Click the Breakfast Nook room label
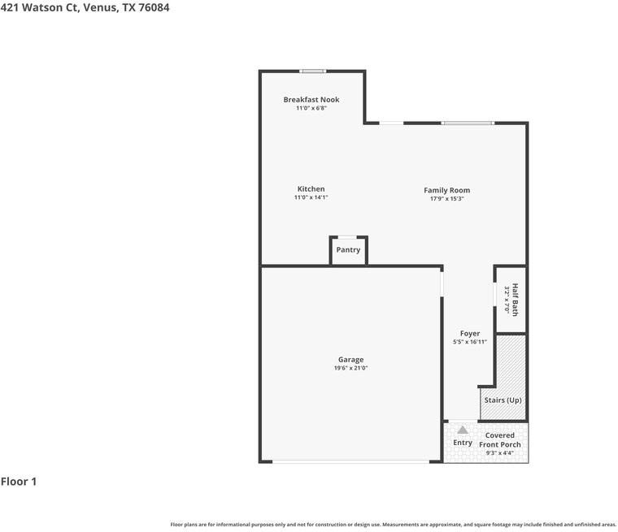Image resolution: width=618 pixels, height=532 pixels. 311,100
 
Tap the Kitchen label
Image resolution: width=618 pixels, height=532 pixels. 311,189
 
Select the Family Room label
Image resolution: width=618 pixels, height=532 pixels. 446,191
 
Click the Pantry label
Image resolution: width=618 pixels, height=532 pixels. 348,250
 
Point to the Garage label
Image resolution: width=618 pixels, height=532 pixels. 351,360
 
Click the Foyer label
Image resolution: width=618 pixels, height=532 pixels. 470,334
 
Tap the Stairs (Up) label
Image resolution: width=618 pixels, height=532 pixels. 503,400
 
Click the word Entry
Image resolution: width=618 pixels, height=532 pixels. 463,443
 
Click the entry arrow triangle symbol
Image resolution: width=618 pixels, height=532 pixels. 463,430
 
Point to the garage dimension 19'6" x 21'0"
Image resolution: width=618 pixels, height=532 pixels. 351,369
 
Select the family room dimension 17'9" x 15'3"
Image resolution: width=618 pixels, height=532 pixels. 446,199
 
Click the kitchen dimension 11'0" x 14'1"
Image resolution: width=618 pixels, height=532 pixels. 311,197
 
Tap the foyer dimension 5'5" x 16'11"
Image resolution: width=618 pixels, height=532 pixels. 470,342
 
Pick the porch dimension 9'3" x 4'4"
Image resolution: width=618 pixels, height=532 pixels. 500,453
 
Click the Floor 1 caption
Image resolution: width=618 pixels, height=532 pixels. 19,482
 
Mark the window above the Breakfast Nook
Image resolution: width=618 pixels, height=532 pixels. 312,71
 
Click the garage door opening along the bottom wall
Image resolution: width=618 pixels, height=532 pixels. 350,462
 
